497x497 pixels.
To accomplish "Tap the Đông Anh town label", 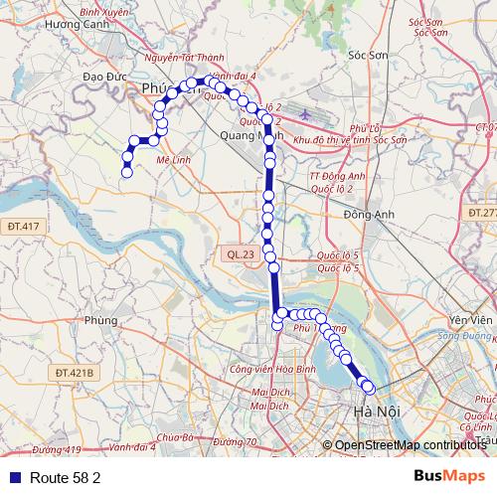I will coord(364,214).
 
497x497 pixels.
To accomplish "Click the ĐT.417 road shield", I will coord(22,227).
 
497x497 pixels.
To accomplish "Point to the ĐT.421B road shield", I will coord(75,373).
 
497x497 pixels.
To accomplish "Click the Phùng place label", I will coord(101,320).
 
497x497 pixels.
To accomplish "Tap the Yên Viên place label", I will coord(470,320).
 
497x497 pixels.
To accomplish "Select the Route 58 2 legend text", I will coord(65,477).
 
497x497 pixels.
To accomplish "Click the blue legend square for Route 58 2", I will coord(14,477).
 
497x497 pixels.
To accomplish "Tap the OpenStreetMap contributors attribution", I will coord(409,445).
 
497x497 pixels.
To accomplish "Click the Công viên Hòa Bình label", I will coord(265,370).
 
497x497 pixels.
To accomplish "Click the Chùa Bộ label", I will coord(173,436).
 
